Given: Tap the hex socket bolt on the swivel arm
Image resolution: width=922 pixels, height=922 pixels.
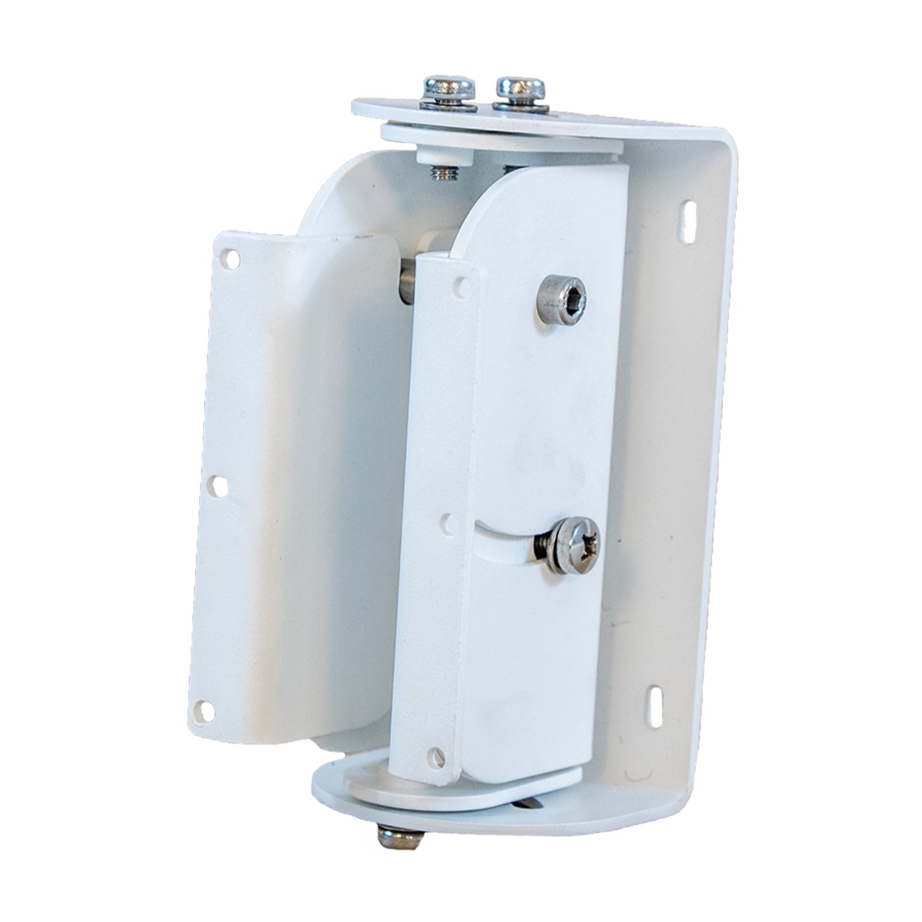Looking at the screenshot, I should click(x=561, y=299).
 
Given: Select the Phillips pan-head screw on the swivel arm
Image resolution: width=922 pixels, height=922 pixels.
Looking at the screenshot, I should click(x=574, y=545).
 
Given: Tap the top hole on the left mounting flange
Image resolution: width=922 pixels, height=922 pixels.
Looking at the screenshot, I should click(x=230, y=259).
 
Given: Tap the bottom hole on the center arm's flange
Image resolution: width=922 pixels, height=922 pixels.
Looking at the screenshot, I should click(x=438, y=756).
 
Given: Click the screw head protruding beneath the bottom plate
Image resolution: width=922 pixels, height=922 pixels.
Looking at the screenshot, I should click(x=400, y=837).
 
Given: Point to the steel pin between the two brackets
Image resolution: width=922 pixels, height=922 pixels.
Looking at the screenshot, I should click(x=407, y=280).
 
